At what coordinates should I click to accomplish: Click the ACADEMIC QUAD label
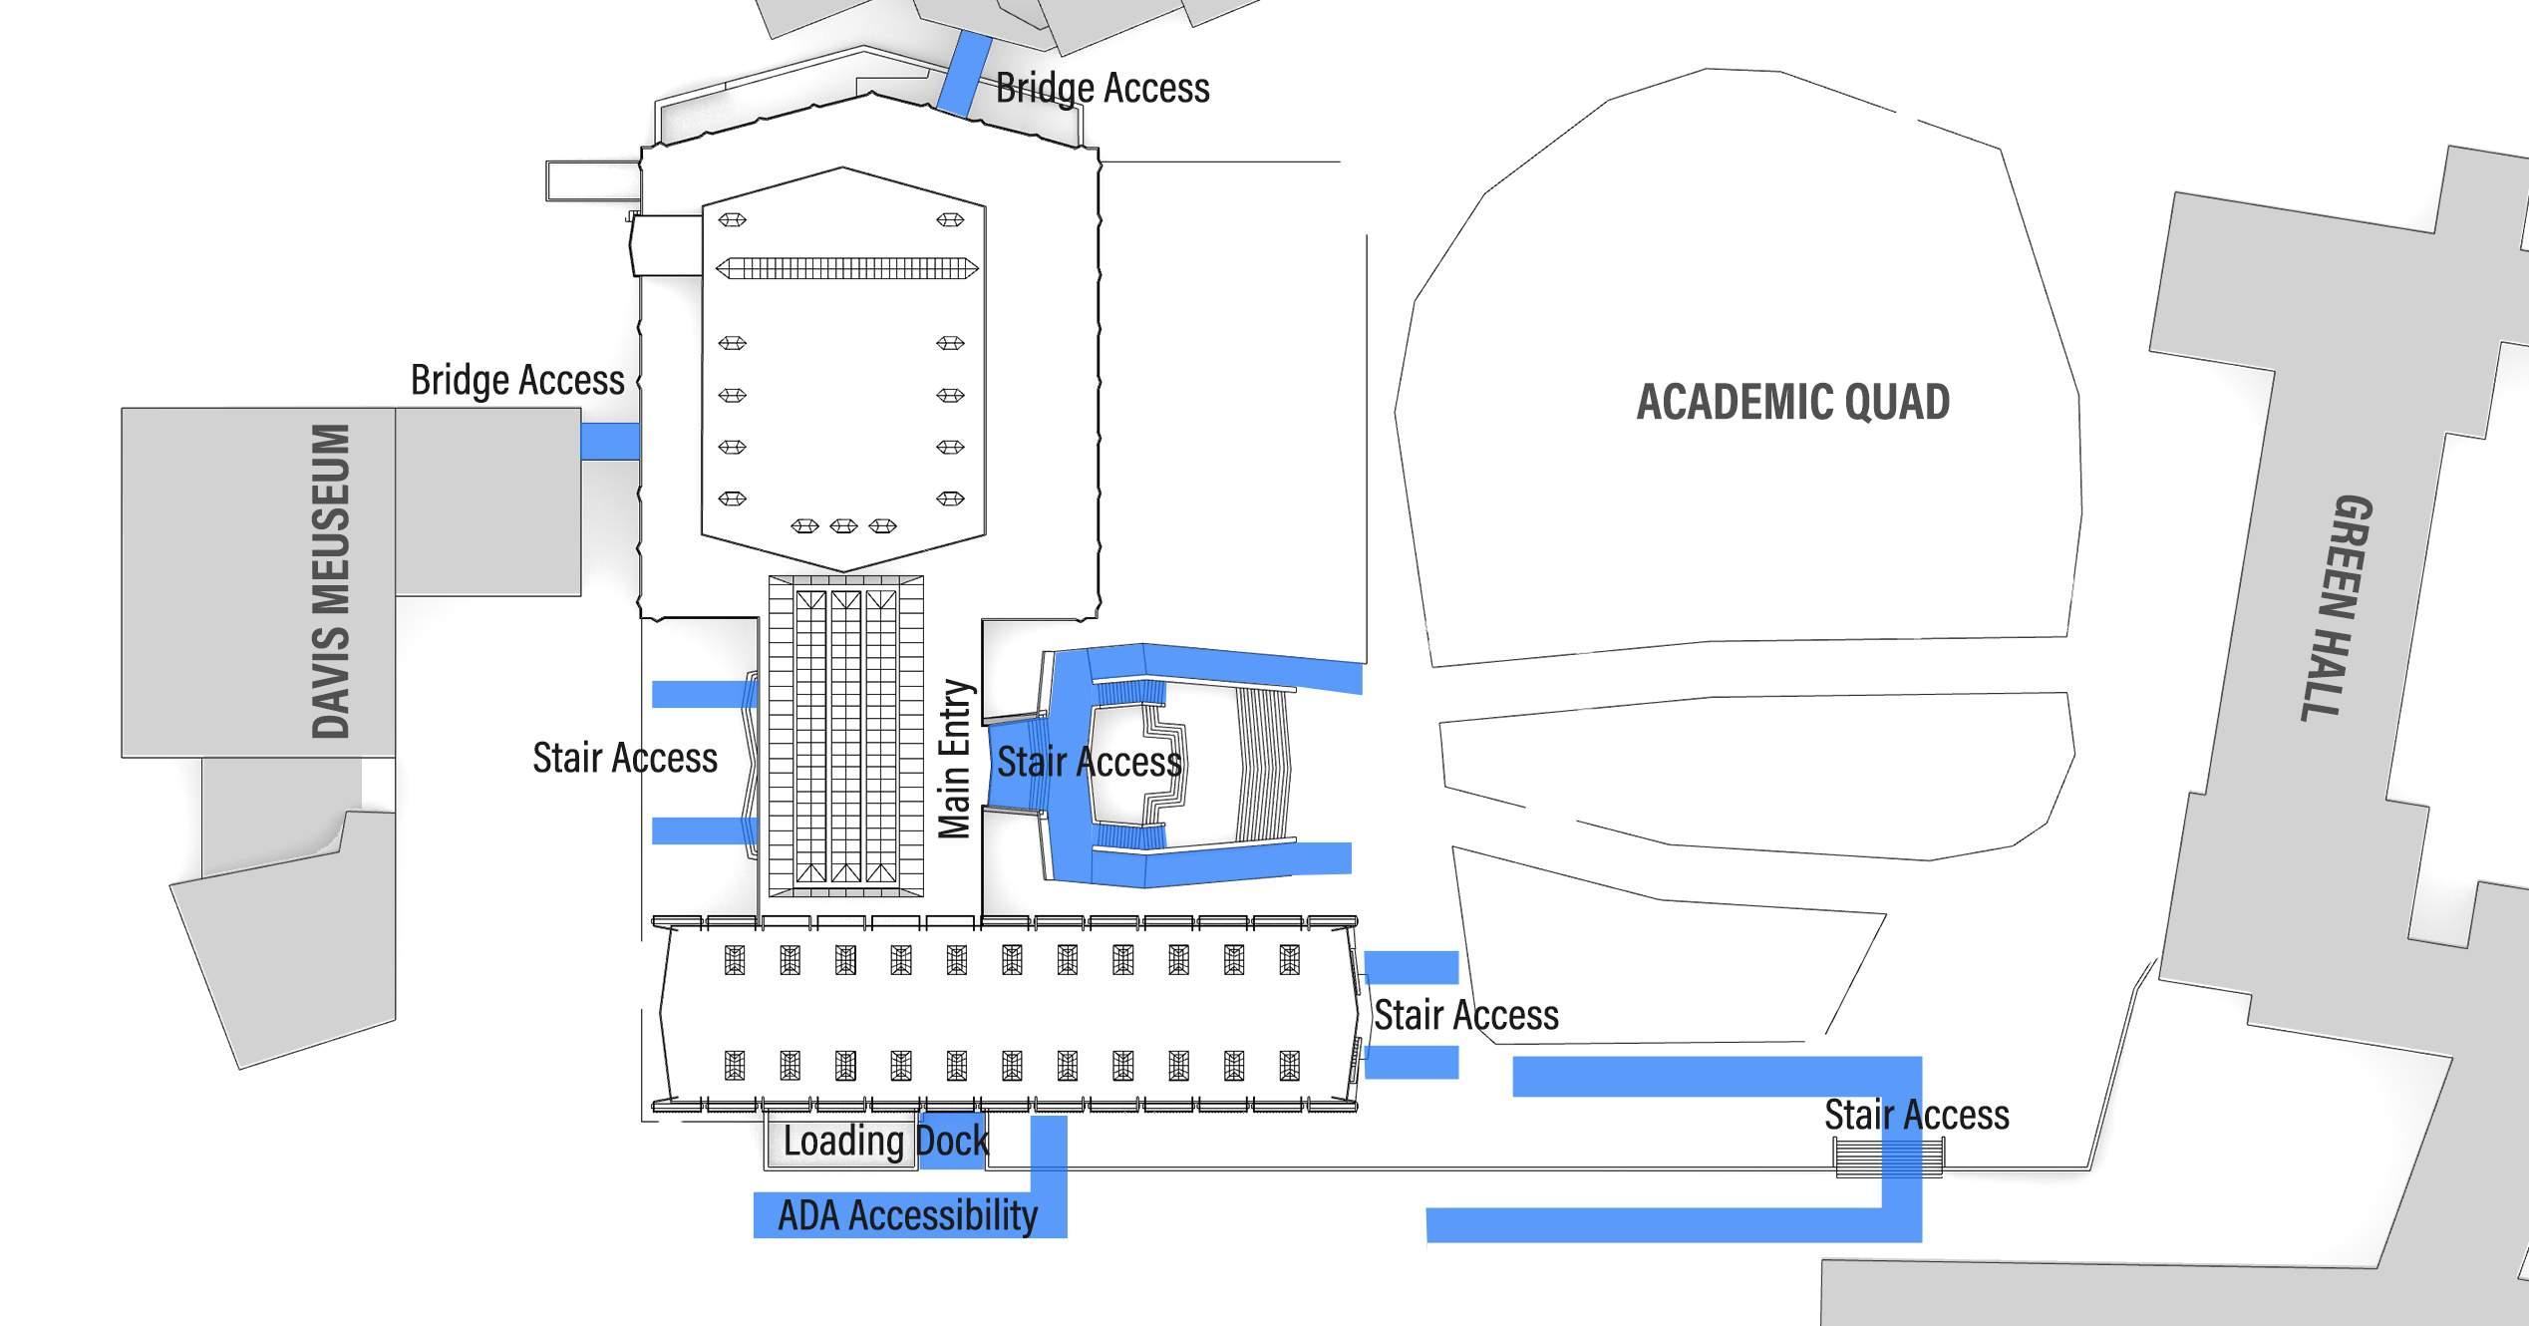coord(1792,402)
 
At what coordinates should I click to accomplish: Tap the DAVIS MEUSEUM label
coord(332,581)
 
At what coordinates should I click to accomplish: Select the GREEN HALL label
coord(2339,607)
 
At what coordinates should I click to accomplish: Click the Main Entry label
coord(955,760)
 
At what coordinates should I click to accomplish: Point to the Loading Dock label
coord(885,1141)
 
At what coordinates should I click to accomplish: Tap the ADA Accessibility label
coord(907,1216)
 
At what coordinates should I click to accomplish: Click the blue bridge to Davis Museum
coord(609,441)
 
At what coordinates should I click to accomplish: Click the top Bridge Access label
coord(1103,88)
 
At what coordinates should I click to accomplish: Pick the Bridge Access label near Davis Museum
coord(517,380)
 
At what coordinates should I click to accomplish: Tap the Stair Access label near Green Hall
coord(1916,1115)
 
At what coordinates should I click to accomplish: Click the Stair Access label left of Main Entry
coord(625,758)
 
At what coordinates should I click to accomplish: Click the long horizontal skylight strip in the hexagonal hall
coord(847,268)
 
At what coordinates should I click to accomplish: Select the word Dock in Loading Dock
coord(952,1141)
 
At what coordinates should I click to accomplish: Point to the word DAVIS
coord(332,684)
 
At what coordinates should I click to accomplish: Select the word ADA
coord(809,1216)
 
